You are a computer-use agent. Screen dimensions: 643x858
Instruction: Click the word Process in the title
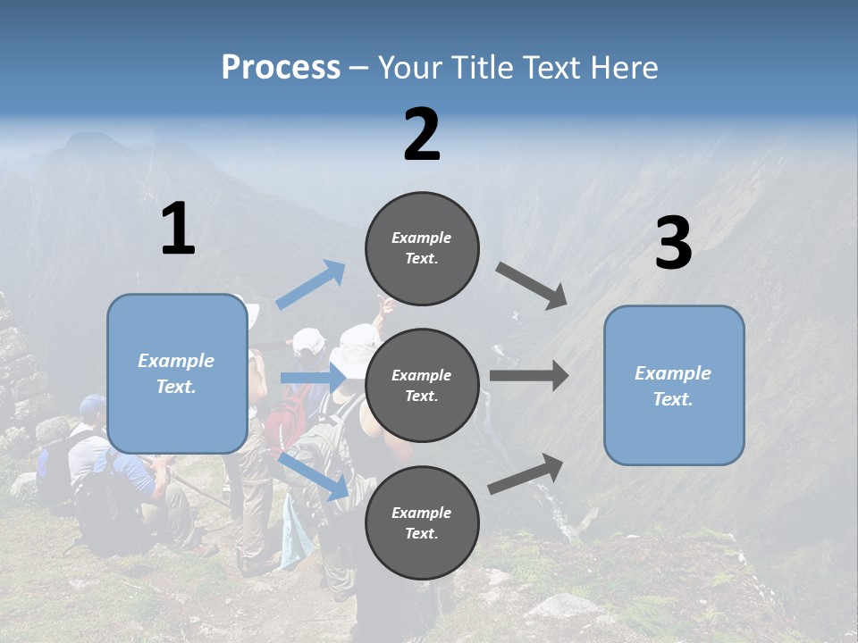click(281, 67)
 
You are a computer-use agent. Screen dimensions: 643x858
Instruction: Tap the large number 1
click(178, 230)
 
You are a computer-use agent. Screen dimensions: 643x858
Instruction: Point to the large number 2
click(422, 135)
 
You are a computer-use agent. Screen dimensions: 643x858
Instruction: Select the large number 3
click(673, 244)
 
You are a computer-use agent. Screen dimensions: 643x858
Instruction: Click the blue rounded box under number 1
click(177, 373)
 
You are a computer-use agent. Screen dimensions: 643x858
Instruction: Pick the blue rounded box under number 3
click(674, 386)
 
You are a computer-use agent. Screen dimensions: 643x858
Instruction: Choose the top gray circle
click(422, 248)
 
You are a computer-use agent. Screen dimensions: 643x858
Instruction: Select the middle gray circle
click(422, 385)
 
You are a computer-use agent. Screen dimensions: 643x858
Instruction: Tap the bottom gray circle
click(422, 522)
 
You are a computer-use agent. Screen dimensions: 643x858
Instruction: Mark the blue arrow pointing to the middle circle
click(313, 379)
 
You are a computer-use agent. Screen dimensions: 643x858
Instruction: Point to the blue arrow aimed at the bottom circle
click(314, 476)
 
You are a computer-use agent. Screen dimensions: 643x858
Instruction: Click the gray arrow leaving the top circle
click(533, 286)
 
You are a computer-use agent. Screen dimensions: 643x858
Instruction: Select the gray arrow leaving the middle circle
click(529, 376)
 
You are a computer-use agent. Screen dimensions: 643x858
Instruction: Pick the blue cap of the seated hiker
click(91, 406)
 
